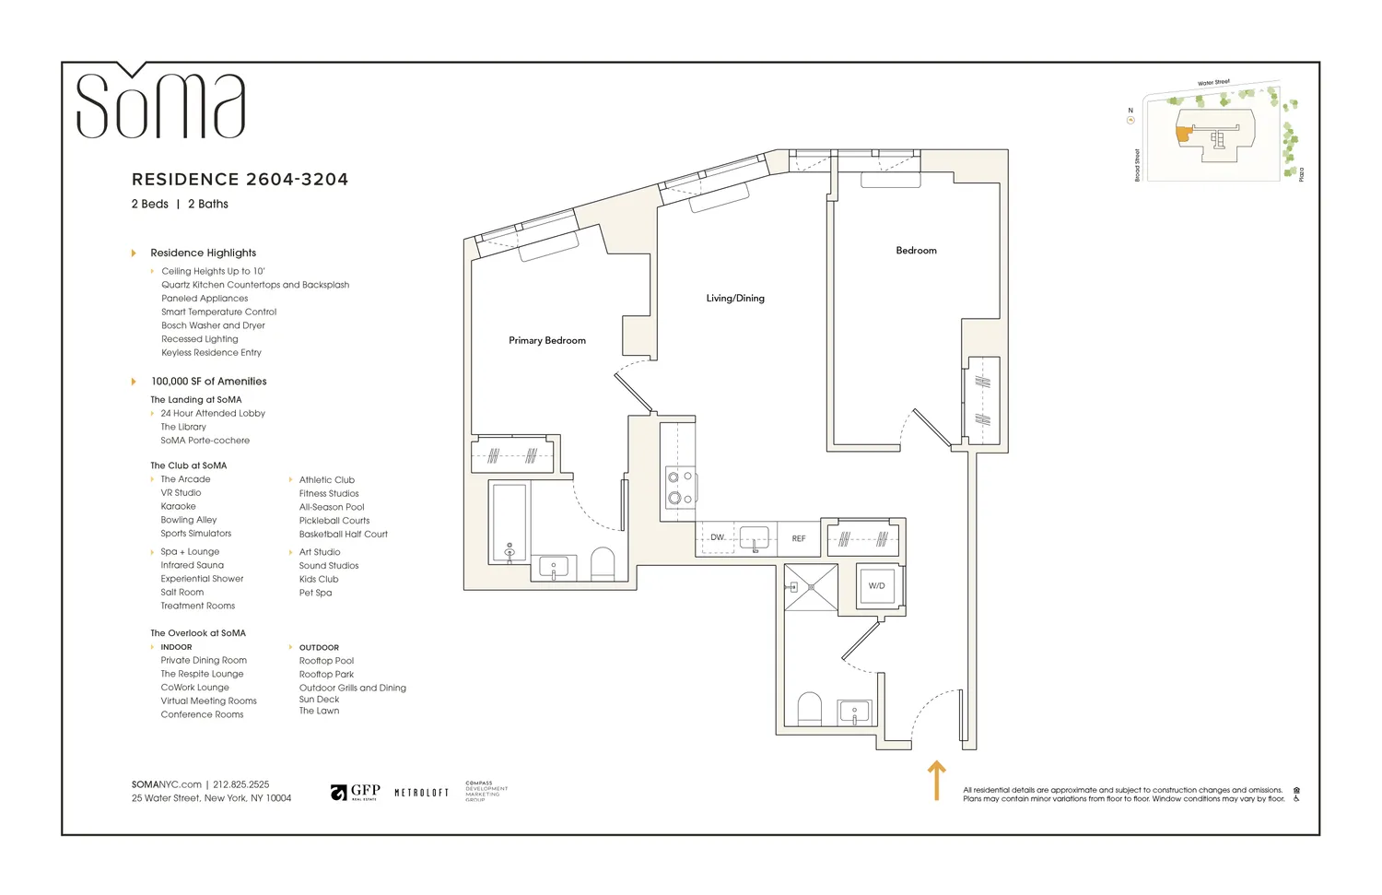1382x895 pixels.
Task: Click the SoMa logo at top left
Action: pyautogui.click(x=160, y=103)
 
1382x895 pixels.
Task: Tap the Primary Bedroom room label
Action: pyautogui.click(x=547, y=341)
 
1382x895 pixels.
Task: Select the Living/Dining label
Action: pyautogui.click(x=735, y=299)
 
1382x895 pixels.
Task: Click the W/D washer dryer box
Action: pyautogui.click(x=876, y=585)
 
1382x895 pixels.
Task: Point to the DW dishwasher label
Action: pyautogui.click(x=717, y=537)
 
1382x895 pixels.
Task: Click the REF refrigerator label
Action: pyautogui.click(x=799, y=538)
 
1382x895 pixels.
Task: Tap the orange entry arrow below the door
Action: pyautogui.click(x=936, y=780)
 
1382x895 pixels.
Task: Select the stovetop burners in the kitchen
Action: pyautogui.click(x=680, y=488)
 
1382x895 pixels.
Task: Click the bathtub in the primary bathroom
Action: pyautogui.click(x=509, y=523)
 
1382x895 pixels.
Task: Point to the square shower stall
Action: pyautogui.click(x=811, y=587)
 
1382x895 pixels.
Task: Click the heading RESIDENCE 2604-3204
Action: pyautogui.click(x=240, y=180)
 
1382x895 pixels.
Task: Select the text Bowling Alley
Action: pyautogui.click(x=189, y=520)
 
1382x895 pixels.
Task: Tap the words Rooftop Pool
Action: pyautogui.click(x=326, y=661)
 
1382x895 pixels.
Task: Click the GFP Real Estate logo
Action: pyautogui.click(x=356, y=793)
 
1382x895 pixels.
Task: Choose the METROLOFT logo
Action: pyautogui.click(x=421, y=793)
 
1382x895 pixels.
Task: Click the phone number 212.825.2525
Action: pyautogui.click(x=241, y=784)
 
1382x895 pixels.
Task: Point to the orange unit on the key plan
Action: pyautogui.click(x=1183, y=134)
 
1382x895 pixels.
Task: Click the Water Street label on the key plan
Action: pyautogui.click(x=1213, y=83)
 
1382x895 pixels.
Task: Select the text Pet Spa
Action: pyautogui.click(x=315, y=593)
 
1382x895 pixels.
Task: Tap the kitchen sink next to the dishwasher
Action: pyautogui.click(x=755, y=538)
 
